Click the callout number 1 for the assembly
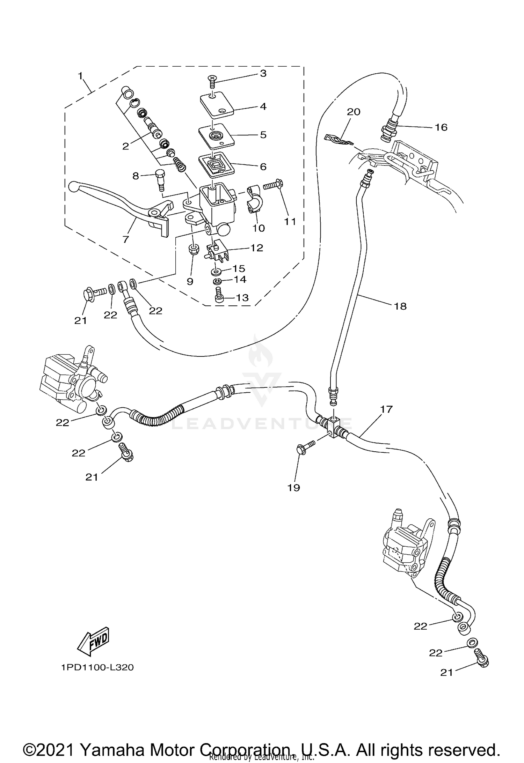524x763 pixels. [x=80, y=75]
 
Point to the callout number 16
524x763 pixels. [x=441, y=127]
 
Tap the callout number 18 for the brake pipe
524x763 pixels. [x=400, y=306]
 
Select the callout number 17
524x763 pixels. [x=387, y=409]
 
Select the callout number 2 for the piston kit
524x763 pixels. [x=125, y=146]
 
